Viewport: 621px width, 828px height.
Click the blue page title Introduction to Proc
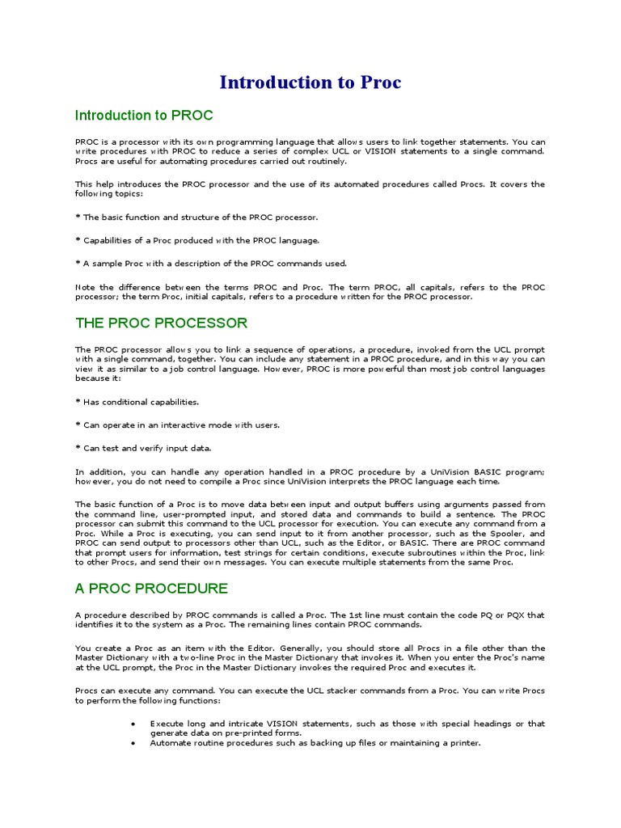310,82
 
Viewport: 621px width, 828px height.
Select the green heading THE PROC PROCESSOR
161,323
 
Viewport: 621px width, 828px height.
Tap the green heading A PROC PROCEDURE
151,588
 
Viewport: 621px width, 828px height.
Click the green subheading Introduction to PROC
144,116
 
